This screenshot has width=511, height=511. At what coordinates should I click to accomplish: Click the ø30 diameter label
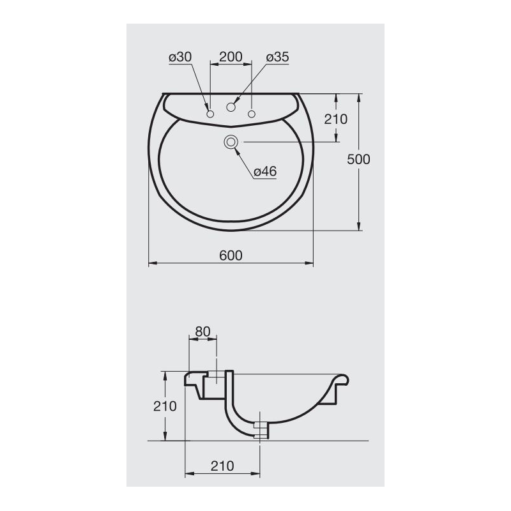point(180,57)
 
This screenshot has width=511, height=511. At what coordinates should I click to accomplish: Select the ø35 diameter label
point(277,57)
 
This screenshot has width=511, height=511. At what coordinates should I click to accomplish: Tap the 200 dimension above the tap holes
point(231,56)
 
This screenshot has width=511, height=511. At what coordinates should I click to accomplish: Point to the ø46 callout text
point(264,171)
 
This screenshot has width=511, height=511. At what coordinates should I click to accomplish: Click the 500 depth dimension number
point(358,160)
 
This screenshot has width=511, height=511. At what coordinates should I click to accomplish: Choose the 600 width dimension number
point(231,255)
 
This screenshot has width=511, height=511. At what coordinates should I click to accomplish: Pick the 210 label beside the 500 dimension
point(335,119)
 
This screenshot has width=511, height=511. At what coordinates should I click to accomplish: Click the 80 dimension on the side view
point(202,331)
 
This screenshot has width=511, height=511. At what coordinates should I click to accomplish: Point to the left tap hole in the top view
point(210,114)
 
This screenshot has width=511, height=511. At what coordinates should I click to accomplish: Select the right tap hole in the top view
point(252,114)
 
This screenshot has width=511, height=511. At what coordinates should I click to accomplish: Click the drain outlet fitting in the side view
point(259,429)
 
